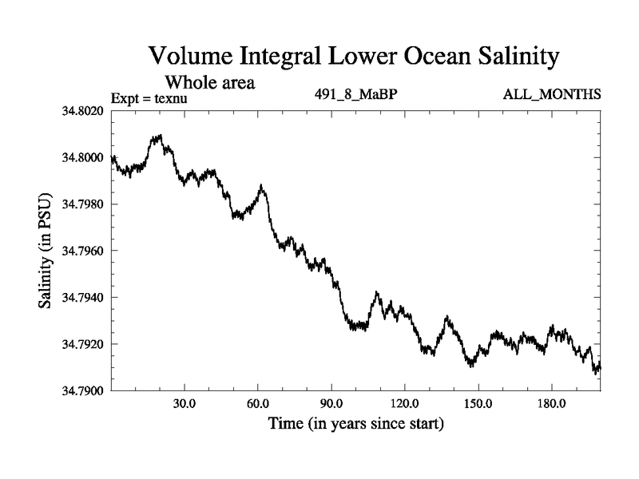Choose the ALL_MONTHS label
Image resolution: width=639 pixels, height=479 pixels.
tap(551, 95)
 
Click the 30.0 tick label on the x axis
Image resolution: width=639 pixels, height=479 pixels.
tap(185, 403)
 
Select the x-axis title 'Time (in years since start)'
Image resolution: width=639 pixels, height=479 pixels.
tap(356, 423)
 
